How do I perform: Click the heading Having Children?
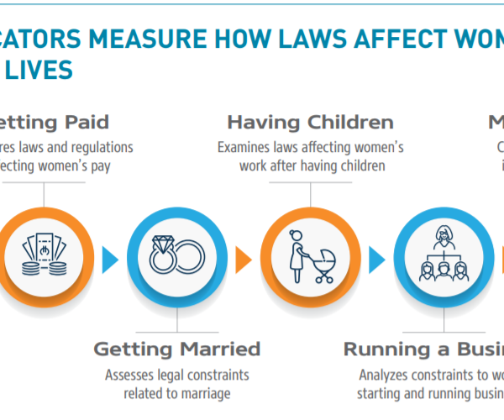[310, 123]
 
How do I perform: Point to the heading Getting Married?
[176, 349]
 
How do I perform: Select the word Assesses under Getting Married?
[129, 374]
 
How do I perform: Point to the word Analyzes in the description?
[384, 375]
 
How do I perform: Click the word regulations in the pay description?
[102, 147]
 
